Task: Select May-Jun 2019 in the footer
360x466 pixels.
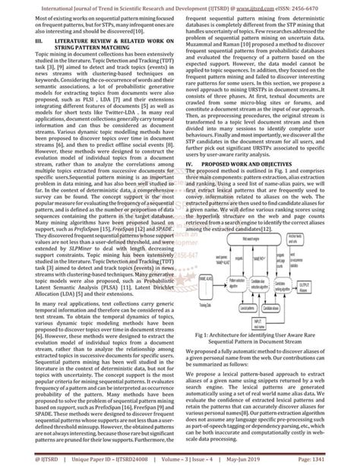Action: pos(232,459)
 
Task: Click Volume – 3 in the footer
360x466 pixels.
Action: pos(159,459)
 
